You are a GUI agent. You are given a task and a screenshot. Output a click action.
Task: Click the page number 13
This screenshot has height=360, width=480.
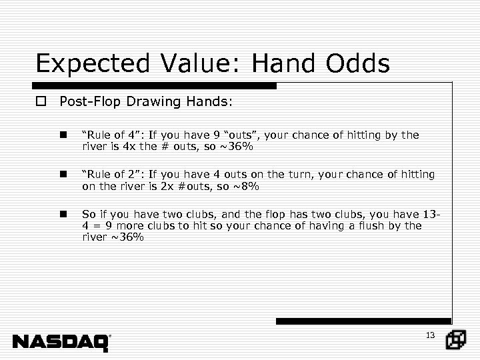430,335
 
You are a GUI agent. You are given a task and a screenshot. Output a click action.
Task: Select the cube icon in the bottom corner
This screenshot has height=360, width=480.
456,340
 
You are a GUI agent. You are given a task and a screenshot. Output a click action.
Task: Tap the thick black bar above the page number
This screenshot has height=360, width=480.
363,321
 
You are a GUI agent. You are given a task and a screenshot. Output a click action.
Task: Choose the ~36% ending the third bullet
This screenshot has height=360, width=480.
127,237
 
